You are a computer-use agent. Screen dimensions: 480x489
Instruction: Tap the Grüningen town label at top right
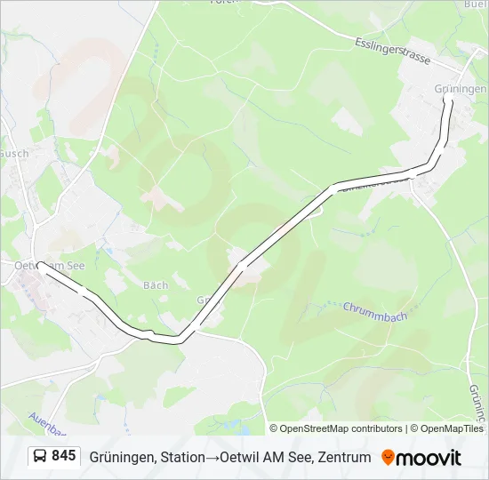461,90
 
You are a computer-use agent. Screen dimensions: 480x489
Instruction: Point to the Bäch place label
156,285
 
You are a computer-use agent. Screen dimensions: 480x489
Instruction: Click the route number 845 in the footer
63,456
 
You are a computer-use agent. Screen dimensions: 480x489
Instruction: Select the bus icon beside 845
41,457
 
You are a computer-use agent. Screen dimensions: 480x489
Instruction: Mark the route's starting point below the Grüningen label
447,101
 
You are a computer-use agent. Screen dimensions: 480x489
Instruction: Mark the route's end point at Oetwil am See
40,265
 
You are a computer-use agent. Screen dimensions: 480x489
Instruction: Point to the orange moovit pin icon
388,458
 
